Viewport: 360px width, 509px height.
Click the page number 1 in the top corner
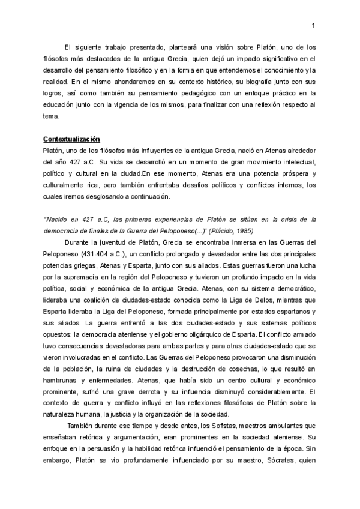coord(314,25)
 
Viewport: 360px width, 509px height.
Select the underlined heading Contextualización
coord(71,139)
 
